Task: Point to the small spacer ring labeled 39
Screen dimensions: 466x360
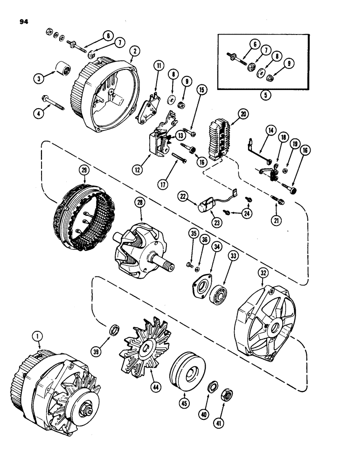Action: [x=113, y=331]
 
